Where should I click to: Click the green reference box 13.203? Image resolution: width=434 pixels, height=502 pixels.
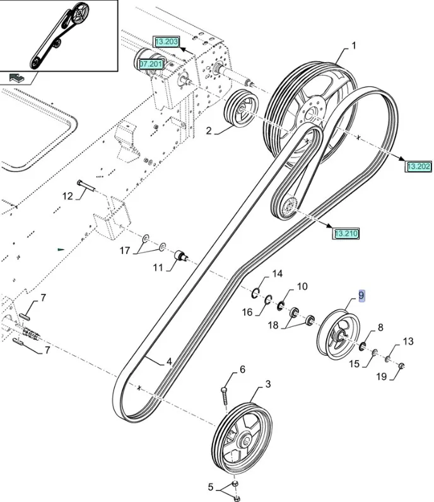click(x=167, y=42)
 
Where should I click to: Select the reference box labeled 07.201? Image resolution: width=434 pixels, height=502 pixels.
click(x=151, y=64)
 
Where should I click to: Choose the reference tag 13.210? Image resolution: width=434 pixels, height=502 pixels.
click(x=346, y=234)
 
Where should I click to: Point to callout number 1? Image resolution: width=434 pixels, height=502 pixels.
click(x=354, y=45)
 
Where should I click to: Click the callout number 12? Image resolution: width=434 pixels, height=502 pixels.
click(x=67, y=196)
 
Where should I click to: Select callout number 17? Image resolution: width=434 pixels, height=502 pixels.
click(x=125, y=251)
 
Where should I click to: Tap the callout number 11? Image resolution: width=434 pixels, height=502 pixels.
click(x=157, y=268)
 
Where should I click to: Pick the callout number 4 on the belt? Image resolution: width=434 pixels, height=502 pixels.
click(x=169, y=362)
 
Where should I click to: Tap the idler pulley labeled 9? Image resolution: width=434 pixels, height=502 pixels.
click(x=337, y=334)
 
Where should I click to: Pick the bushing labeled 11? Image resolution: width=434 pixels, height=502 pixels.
click(x=180, y=256)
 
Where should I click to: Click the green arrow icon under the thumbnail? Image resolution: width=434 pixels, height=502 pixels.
click(x=18, y=78)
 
